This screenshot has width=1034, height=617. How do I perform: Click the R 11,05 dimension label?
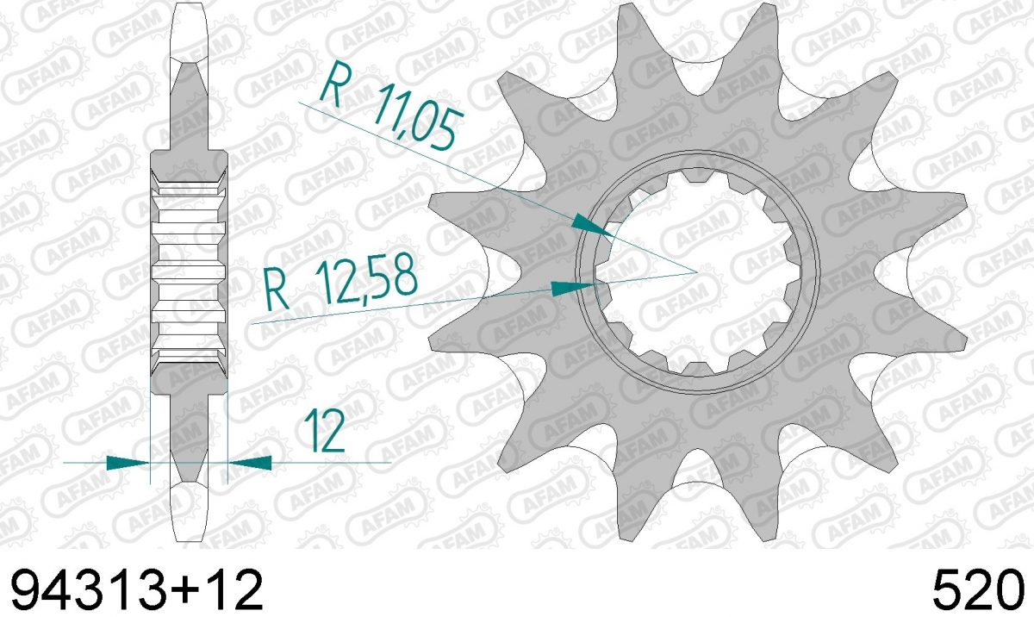[x=390, y=106]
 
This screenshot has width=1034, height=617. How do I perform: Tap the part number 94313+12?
[x=137, y=590]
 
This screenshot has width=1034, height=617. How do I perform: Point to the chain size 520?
[x=980, y=590]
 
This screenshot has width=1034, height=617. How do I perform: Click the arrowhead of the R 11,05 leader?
[x=593, y=227]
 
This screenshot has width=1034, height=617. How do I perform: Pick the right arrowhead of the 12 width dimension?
[x=250, y=463]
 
